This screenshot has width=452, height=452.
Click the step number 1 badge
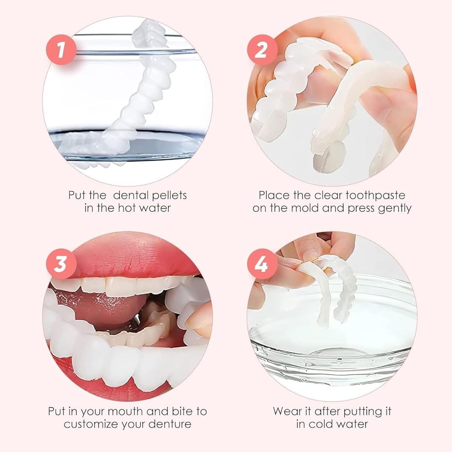point(61,50)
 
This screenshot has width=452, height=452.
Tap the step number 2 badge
point(263,50)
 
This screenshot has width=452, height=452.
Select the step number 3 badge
point(61,264)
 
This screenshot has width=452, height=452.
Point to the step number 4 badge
point(263,264)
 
